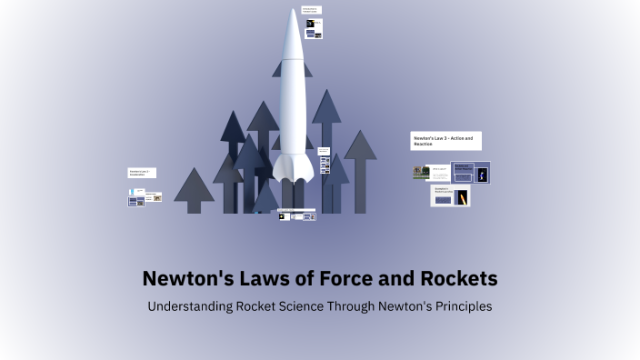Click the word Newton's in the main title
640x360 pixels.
click(182, 278)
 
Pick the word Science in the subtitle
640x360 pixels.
click(302, 307)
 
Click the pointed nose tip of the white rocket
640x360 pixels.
click(294, 12)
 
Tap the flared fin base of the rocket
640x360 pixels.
click(293, 168)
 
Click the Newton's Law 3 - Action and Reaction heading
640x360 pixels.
click(445, 141)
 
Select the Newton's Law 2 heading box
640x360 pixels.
click(141, 173)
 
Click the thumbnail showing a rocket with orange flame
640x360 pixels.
click(462, 197)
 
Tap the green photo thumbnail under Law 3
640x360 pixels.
click(420, 172)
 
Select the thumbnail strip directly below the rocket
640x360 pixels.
click(296, 215)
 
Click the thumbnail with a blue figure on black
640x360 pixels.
click(483, 173)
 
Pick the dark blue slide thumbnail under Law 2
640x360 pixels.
click(136, 201)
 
